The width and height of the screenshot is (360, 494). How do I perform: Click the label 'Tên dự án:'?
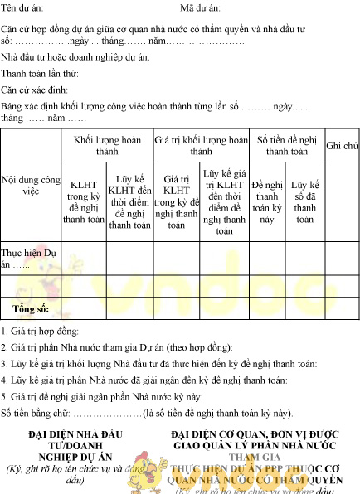point(22,7)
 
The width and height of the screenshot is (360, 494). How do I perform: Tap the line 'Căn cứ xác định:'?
point(35,90)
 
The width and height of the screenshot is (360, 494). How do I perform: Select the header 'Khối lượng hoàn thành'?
point(107,146)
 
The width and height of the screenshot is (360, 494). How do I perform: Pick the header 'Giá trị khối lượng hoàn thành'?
point(201,146)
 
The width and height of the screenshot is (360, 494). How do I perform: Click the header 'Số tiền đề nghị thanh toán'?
point(287,146)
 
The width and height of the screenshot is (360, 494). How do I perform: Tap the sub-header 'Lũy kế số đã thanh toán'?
point(305,201)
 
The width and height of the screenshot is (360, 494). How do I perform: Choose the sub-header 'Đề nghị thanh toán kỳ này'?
point(267,201)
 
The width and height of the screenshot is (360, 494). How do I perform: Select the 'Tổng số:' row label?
point(31,308)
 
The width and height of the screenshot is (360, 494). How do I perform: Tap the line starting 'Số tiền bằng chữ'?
point(147,412)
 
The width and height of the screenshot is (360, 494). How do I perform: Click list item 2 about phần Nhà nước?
point(117,347)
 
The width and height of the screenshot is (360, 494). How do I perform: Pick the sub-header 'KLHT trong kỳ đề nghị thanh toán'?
point(85,201)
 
